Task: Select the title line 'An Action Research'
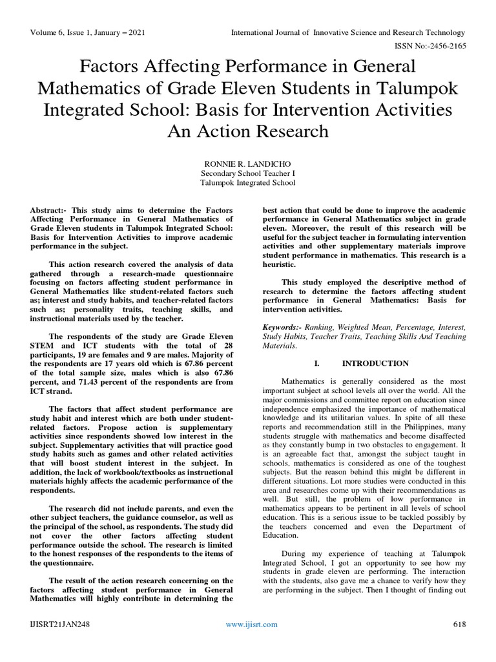point(248,131)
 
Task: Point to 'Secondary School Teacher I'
point(248,173)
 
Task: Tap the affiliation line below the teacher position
point(248,183)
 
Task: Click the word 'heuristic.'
point(280,265)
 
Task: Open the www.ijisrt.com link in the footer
point(251,624)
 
